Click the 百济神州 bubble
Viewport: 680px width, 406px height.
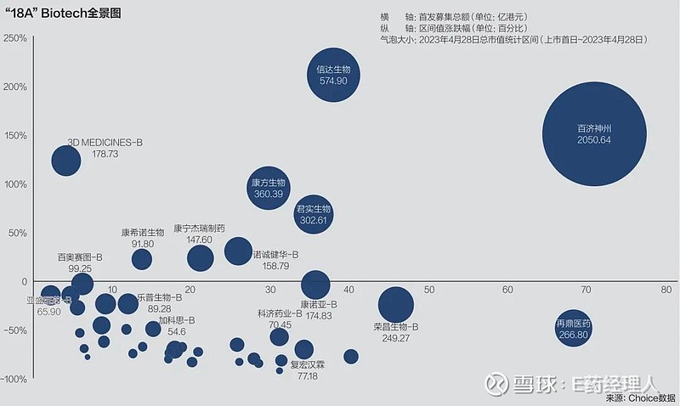(x=600, y=133)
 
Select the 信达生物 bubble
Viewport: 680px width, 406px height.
(x=334, y=75)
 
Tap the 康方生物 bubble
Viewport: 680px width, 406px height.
(x=269, y=189)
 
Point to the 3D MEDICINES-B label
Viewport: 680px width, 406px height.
(x=105, y=143)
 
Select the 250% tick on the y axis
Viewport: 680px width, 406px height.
(x=15, y=38)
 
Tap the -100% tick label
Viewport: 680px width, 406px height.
(x=14, y=380)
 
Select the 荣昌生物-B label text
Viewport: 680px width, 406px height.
(x=396, y=326)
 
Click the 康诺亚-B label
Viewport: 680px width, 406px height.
(x=319, y=304)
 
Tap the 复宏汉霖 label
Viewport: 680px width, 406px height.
(x=307, y=364)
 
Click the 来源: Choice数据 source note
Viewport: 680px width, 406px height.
(x=641, y=397)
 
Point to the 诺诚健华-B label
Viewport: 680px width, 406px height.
(x=276, y=254)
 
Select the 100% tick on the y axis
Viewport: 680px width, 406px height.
(x=15, y=184)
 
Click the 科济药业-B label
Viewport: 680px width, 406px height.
(x=280, y=313)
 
